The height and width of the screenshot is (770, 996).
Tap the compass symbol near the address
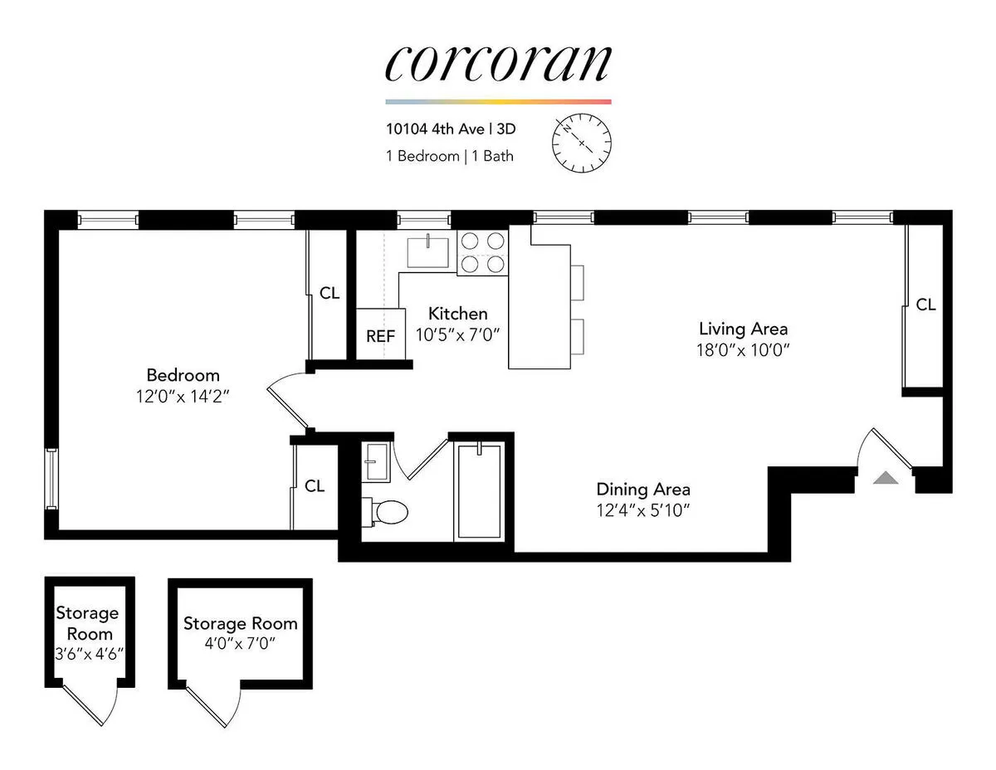(x=581, y=143)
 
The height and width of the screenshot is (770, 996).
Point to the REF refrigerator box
(x=381, y=335)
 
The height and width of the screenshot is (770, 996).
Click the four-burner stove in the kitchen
(x=482, y=251)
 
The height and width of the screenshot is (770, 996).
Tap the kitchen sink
(x=427, y=250)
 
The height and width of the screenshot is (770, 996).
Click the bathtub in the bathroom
(x=479, y=492)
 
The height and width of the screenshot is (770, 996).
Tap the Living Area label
(x=743, y=328)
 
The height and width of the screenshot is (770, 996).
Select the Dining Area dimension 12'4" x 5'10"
(x=643, y=509)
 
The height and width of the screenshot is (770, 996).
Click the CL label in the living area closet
(x=925, y=305)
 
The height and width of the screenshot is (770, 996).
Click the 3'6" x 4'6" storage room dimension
(x=87, y=652)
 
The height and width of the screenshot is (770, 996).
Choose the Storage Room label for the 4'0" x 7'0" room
(x=240, y=623)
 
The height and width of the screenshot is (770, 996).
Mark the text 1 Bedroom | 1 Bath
(x=449, y=156)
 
